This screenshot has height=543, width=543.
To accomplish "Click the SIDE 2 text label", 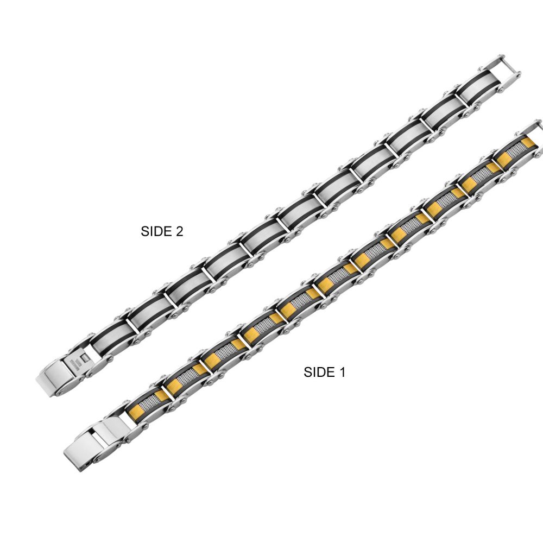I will tap(162, 231).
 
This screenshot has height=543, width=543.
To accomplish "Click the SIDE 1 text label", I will tap(324, 372).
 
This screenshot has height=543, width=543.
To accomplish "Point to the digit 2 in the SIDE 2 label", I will tap(179, 231).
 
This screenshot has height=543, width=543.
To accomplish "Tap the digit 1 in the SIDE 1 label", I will tap(342, 372).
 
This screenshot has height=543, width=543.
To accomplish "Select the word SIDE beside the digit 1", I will tap(317, 372).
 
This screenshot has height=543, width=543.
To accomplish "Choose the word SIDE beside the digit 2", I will tap(155, 231).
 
